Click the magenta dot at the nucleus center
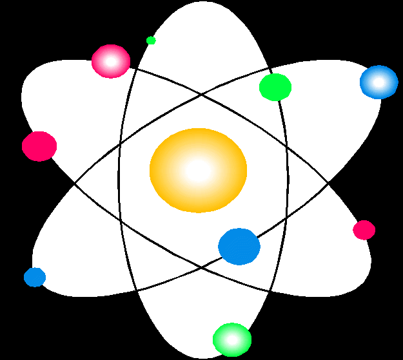(x=199, y=171)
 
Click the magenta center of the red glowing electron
(x=111, y=62)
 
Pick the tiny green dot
(x=151, y=41)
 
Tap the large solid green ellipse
(x=275, y=87)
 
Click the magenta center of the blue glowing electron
(x=378, y=82)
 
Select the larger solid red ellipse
(x=39, y=146)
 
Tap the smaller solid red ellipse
(x=364, y=230)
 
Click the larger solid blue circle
(x=239, y=247)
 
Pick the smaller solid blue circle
(x=35, y=277)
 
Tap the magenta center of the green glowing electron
(x=232, y=339)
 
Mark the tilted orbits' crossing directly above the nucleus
(x=202, y=95)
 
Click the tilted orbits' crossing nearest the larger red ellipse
(x=75, y=184)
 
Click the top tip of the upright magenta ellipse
(x=204, y=2)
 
